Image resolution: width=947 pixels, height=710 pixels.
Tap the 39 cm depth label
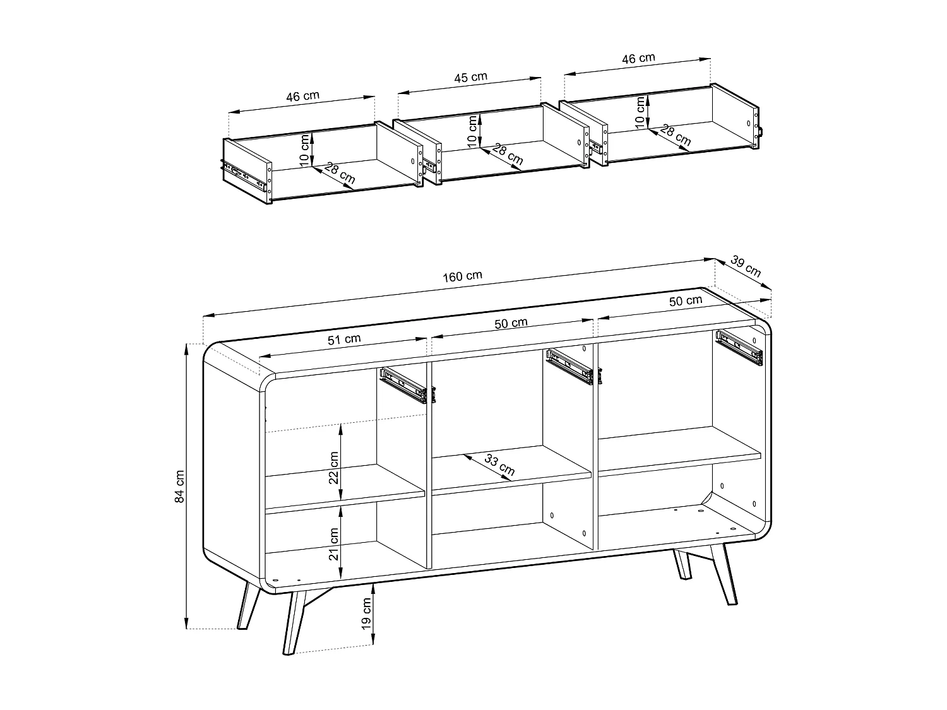point(746,266)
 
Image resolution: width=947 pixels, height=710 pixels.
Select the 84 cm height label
point(179,486)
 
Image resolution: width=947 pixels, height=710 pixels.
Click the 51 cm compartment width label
point(344,339)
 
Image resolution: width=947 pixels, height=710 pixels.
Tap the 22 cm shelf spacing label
point(334,468)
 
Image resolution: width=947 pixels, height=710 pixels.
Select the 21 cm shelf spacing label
point(334,544)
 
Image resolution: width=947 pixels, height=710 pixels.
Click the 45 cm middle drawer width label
point(471,77)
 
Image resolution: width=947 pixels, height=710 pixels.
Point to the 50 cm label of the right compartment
point(686,300)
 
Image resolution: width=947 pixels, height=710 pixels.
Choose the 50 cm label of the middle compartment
point(511,322)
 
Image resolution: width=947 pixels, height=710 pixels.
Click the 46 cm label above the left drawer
point(302,97)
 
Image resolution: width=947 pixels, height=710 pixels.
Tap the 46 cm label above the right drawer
point(638,58)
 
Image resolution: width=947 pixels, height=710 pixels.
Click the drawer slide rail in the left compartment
point(403,386)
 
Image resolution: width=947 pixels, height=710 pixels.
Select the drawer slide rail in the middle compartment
point(570,367)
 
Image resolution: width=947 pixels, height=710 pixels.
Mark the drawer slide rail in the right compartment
point(739,348)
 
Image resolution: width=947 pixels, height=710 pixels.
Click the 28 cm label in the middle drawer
point(508,155)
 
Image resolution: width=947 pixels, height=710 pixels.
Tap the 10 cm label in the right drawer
point(640,113)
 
